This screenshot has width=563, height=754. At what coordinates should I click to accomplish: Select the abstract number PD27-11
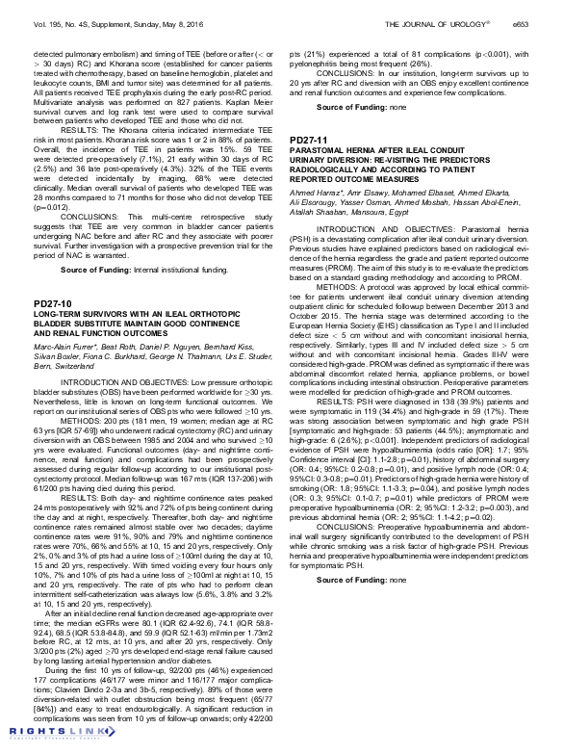coord(307,140)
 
